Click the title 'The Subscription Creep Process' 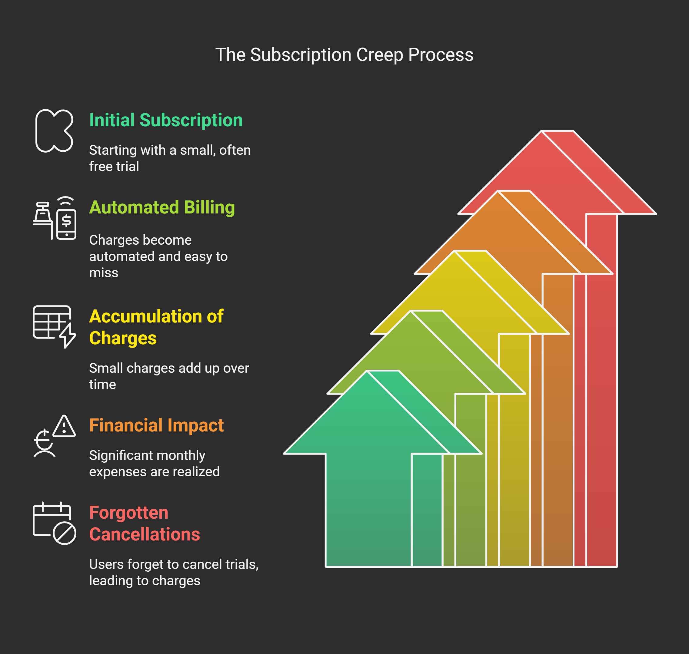(344, 55)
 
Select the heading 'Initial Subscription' (166, 120)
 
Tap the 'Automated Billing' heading (162, 207)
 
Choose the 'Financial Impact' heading (156, 425)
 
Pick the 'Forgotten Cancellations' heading (145, 523)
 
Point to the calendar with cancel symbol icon (54, 523)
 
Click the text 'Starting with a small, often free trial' (170, 158)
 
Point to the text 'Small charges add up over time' (169, 376)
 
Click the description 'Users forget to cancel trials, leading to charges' (173, 573)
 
